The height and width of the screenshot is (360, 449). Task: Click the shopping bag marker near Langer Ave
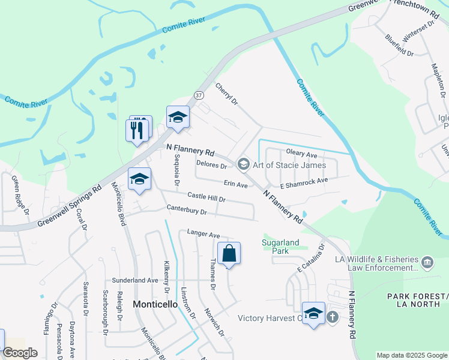pos(229,253)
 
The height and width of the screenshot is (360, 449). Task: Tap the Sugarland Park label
pos(280,246)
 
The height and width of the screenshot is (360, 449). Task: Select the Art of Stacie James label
pos(289,165)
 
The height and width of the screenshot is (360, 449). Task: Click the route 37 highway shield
pos(199,95)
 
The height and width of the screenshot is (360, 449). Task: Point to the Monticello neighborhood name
pos(155,304)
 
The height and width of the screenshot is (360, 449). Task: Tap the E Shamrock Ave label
pos(304,181)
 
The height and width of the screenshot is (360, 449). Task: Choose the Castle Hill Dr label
pos(206,196)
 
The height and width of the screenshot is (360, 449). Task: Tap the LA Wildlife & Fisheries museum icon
pos(427,262)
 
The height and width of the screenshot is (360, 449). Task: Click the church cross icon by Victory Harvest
pos(333,317)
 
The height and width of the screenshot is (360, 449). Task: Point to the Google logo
pos(20,353)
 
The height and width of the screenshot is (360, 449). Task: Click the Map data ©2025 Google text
pos(411,355)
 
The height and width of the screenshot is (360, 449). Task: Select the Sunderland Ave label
pos(135,280)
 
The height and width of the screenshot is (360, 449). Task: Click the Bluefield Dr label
pos(400,46)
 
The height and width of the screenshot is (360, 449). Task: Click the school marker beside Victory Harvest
pos(313,313)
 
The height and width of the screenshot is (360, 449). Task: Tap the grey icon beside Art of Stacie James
pos(243,164)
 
